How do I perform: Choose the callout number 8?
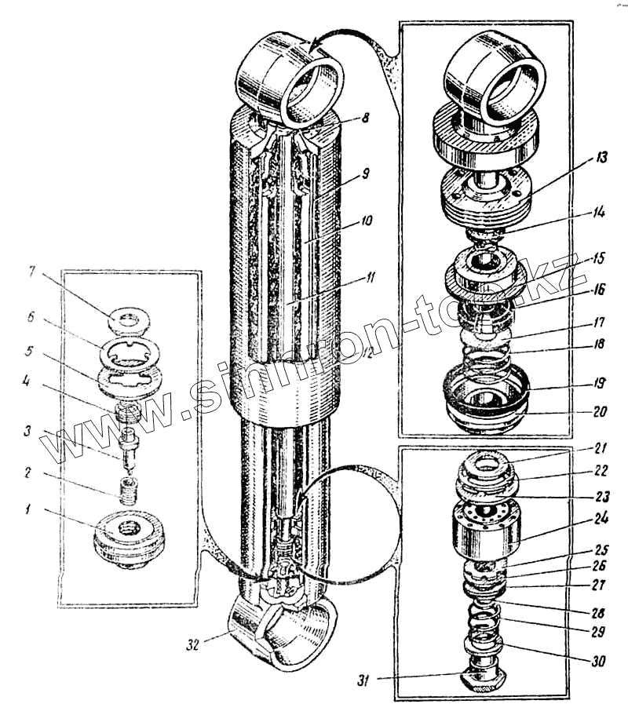click(365, 118)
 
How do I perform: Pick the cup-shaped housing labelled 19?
click(484, 396)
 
